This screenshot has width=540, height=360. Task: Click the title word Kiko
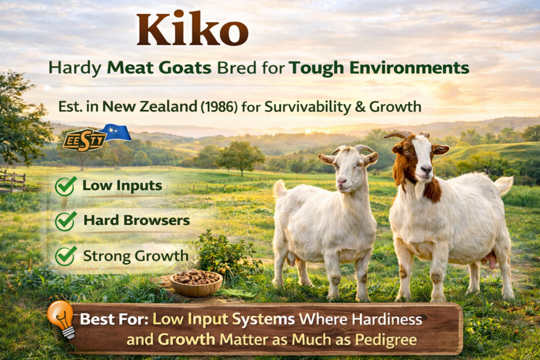pyautogui.click(x=192, y=30)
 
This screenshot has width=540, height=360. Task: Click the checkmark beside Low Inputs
pyautogui.click(x=65, y=186)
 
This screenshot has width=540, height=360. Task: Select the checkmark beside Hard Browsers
pyautogui.click(x=65, y=221)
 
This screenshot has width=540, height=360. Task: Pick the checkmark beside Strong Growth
pyautogui.click(x=65, y=256)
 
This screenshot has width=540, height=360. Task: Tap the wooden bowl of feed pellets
pyautogui.click(x=196, y=283)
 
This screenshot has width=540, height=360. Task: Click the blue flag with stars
pyautogui.click(x=114, y=132)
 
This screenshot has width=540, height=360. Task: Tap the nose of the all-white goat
pyautogui.click(x=341, y=182)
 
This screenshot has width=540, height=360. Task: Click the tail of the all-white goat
pyautogui.click(x=280, y=189)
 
